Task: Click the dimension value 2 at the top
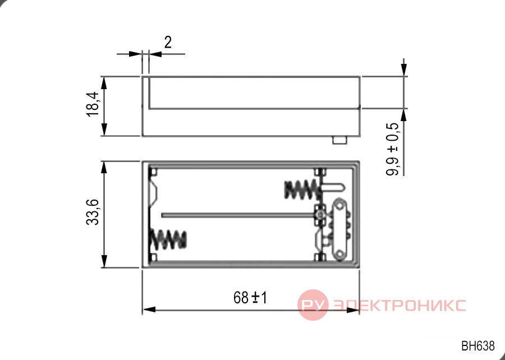[168, 42]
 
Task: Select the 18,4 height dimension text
[93, 104]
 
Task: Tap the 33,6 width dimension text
[93, 212]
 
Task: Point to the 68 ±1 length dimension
[250, 298]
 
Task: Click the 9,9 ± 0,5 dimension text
[393, 149]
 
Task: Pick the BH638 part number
[478, 346]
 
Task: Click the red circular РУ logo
[313, 304]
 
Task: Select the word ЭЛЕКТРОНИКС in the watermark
[400, 305]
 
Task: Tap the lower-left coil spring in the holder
[168, 239]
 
